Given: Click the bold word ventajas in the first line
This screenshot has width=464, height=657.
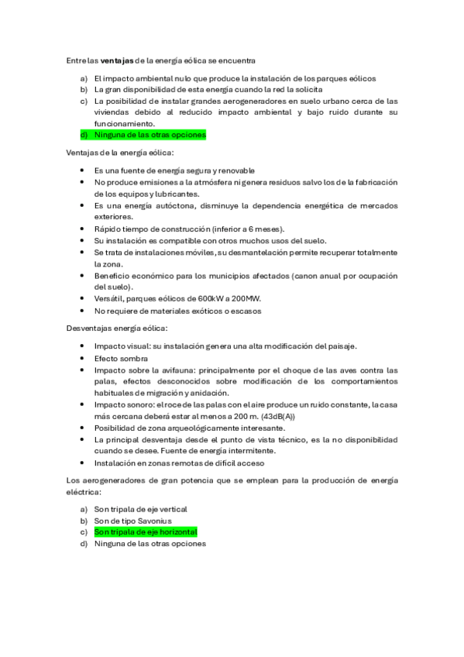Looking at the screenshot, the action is tap(117, 60).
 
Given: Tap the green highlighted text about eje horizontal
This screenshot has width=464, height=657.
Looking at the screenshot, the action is tap(146, 532).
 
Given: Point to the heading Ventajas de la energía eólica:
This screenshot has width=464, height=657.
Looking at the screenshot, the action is tap(120, 153).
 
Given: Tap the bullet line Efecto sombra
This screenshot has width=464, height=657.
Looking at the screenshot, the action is tap(121, 359).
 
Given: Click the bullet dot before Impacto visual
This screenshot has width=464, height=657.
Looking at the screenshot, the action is tap(84, 346).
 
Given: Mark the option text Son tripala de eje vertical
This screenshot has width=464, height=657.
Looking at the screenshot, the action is tap(141, 509).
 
